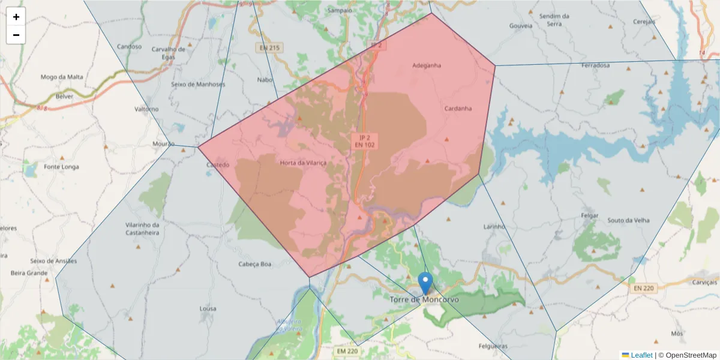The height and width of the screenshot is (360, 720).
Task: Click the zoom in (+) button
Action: (16, 17)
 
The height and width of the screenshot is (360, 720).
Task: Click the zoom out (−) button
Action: (16, 35)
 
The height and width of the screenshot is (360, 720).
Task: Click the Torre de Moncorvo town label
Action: (424, 299)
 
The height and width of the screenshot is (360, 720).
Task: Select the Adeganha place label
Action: (427, 65)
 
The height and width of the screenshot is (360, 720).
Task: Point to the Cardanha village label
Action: (458, 109)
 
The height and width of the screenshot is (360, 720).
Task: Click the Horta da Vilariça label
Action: (303, 163)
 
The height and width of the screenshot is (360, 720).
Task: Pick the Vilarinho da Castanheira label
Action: (142, 228)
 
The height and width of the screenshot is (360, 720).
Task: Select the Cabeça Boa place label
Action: (255, 264)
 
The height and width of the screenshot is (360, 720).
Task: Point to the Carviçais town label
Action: (704, 282)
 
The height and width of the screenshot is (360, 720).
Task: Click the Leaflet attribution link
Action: (641, 355)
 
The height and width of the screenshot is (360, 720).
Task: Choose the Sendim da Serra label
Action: (554, 20)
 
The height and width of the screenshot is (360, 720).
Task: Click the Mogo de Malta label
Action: (62, 77)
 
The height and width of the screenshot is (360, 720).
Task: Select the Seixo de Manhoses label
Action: (198, 84)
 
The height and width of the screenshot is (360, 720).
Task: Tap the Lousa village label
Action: (208, 308)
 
